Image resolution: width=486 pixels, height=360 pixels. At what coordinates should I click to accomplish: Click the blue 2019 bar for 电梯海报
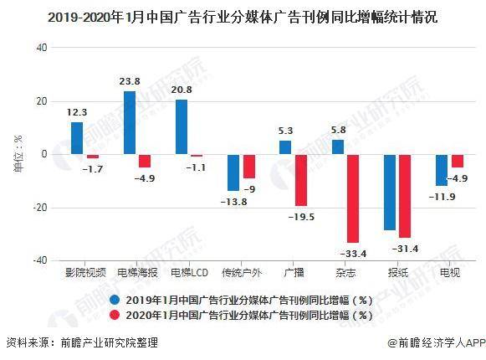pos(130,122)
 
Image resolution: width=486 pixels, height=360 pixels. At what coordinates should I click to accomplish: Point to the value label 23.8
pos(129,82)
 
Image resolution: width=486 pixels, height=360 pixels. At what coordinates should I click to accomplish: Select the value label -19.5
pos(299,215)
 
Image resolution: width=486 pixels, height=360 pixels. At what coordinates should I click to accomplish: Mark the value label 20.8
pos(182,90)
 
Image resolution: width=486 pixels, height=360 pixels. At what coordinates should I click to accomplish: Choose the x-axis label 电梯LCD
pos(188,273)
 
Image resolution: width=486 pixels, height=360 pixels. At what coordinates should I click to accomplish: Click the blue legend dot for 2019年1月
pos(115,299)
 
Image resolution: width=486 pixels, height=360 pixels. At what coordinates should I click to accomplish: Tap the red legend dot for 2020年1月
pos(115,315)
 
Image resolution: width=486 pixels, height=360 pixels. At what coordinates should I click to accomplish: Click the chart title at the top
pos(243,17)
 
